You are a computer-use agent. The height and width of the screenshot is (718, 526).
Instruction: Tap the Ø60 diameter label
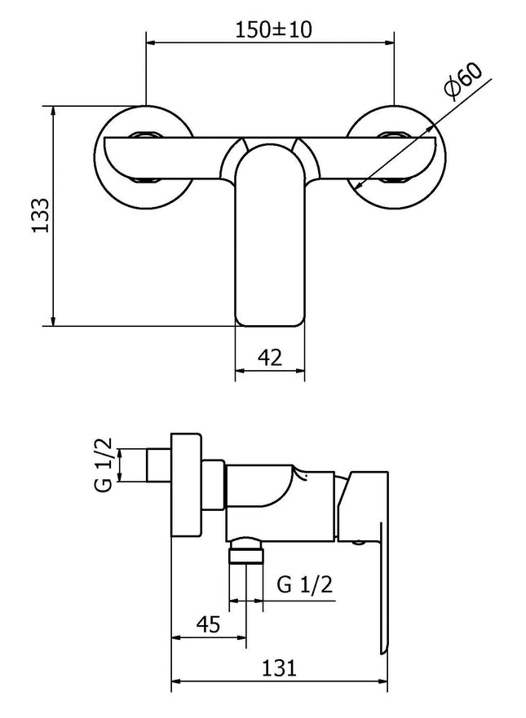(463, 82)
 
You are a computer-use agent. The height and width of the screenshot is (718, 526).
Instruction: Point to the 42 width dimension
(269, 356)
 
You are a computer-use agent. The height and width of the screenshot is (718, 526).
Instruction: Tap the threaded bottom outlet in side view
(247, 555)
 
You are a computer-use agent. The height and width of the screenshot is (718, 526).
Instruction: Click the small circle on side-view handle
(360, 539)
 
